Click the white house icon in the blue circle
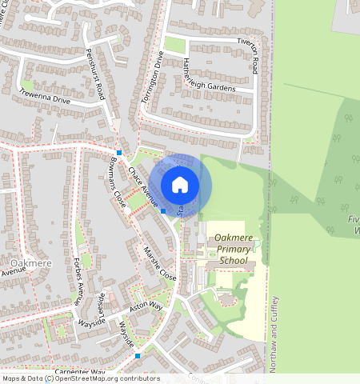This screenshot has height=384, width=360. point(180,185)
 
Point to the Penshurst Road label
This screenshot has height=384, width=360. point(93,74)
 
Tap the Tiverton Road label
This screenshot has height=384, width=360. point(254,57)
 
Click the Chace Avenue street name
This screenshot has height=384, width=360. point(142,186)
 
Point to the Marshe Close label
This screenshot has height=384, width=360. point(159,262)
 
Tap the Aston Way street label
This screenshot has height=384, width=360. point(146,306)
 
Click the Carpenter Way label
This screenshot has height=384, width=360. point(81,373)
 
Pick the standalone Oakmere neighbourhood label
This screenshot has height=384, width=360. point(31,263)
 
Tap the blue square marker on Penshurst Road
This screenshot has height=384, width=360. point(118,152)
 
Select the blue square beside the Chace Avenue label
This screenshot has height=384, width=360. point(163,211)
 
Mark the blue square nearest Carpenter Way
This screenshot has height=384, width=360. point(138,355)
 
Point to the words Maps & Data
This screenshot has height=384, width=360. point(22,378)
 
